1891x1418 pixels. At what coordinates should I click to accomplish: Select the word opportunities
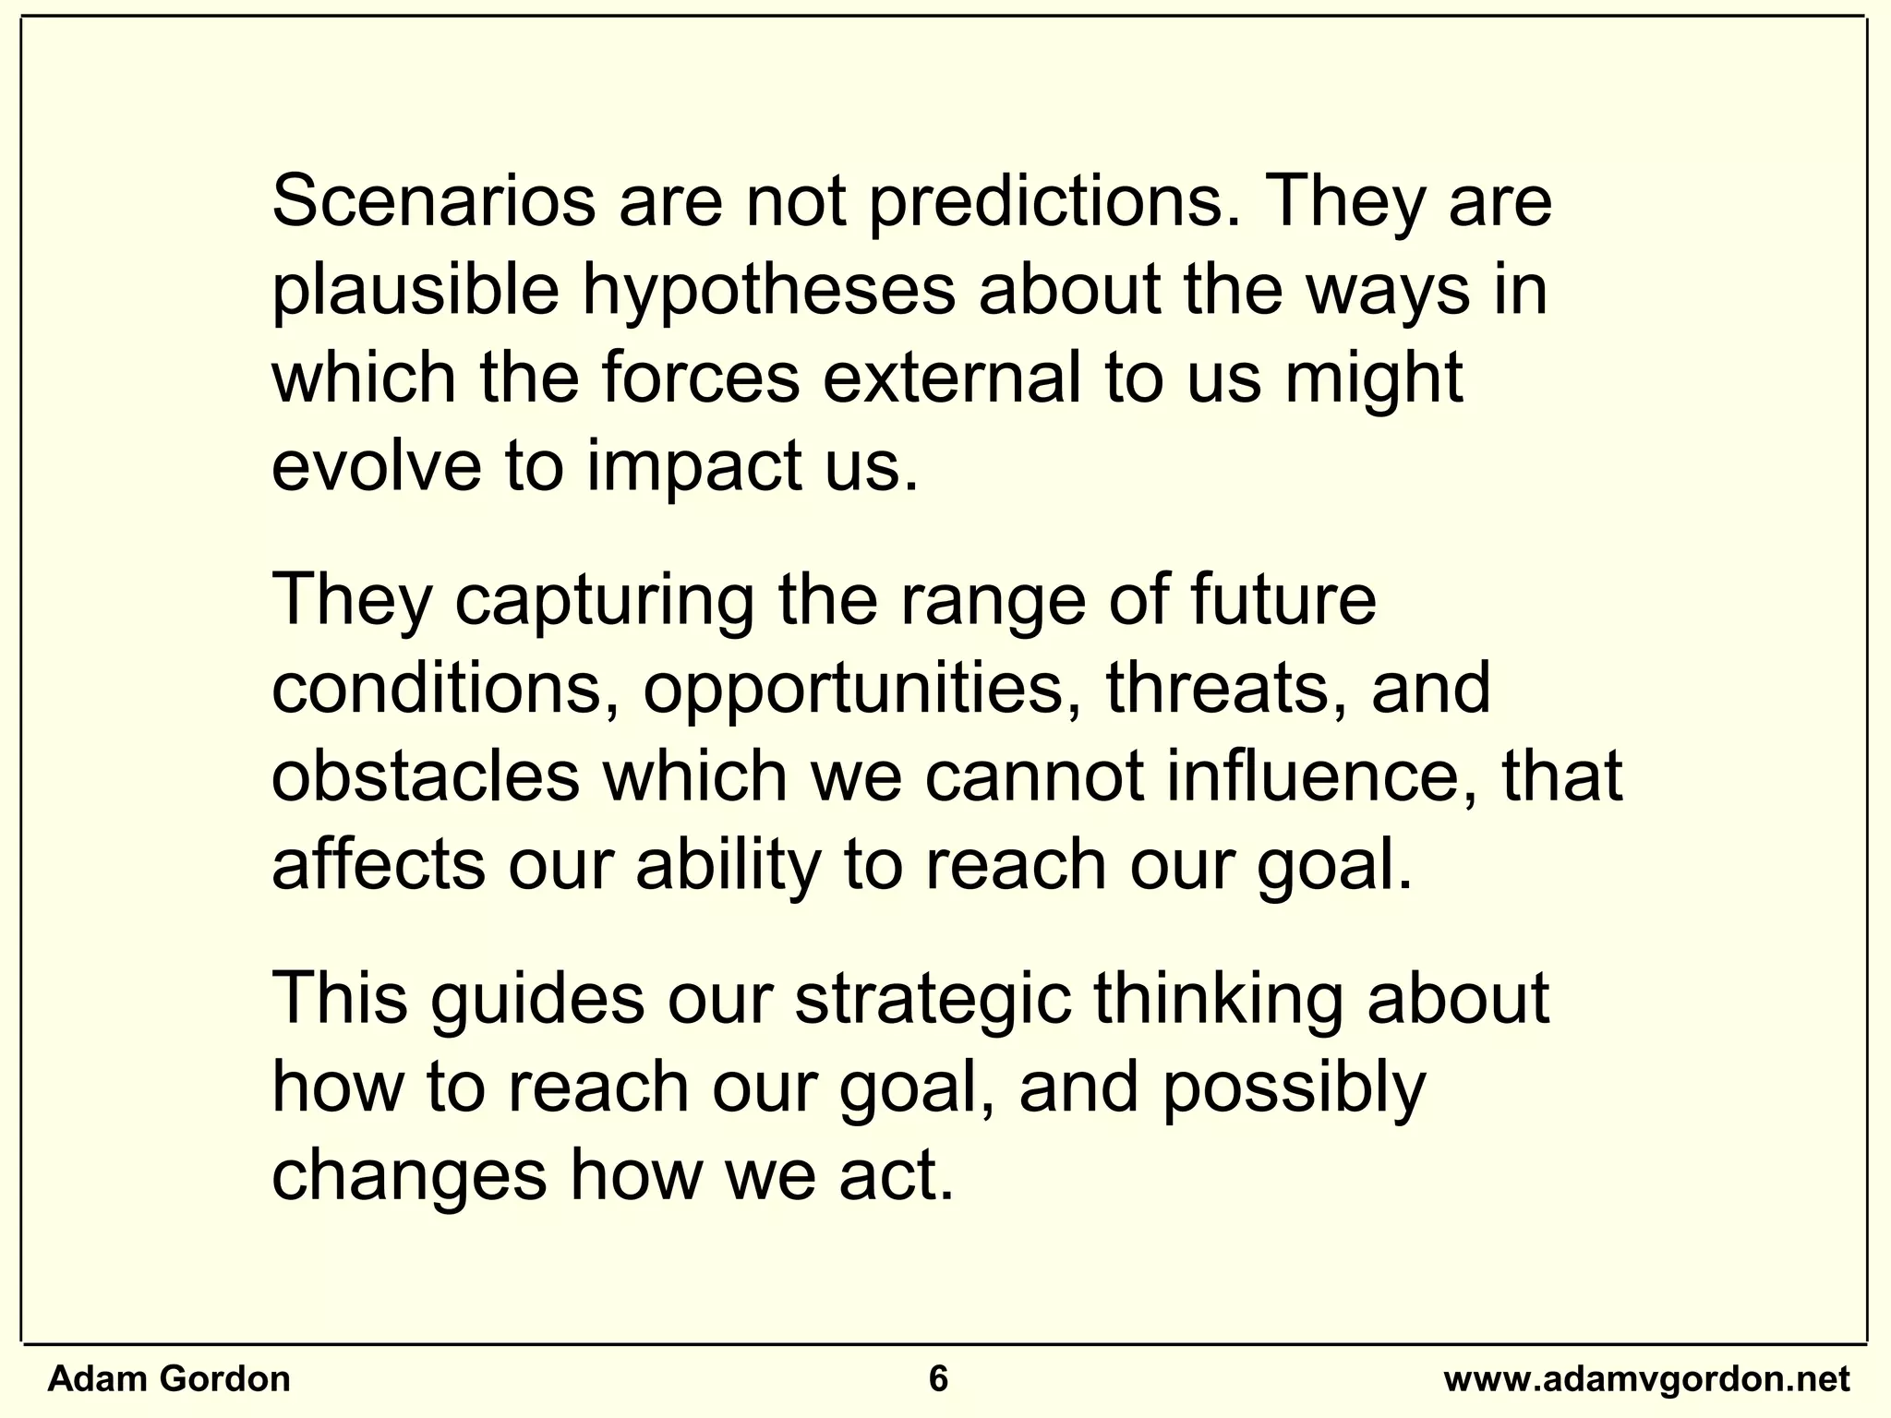(854, 690)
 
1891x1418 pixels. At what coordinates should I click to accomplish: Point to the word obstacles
(425, 777)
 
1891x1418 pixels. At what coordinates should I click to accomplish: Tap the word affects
(379, 866)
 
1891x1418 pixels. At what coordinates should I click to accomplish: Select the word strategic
(933, 1000)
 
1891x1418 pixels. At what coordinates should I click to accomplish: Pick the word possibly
(1293, 1088)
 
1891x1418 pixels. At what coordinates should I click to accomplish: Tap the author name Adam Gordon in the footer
(169, 1379)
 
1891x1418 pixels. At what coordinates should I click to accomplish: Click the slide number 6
(938, 1379)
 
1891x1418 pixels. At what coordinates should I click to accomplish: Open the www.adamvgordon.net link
(1646, 1379)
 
